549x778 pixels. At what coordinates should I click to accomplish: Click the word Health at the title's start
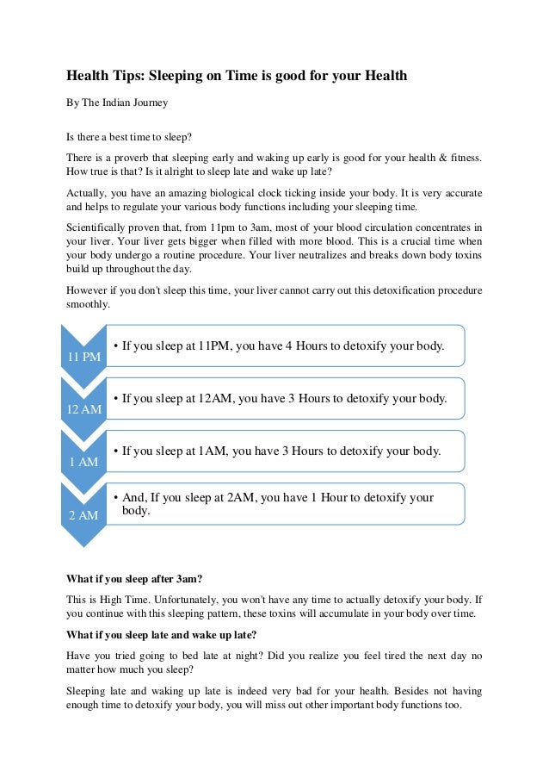(89, 77)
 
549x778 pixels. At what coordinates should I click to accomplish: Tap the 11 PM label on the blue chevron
(84, 357)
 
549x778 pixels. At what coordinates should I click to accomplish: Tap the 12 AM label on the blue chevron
(84, 409)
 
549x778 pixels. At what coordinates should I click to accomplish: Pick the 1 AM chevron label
(84, 462)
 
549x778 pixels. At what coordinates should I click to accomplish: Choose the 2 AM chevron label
(84, 514)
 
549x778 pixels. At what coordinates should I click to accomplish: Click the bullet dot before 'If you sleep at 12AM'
(116, 399)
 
